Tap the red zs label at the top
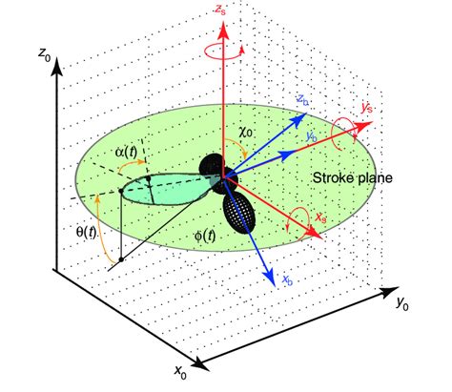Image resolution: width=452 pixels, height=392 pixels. point(223,10)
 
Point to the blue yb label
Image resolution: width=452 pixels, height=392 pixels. point(311,136)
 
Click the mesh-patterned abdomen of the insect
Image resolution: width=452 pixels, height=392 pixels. point(239,212)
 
